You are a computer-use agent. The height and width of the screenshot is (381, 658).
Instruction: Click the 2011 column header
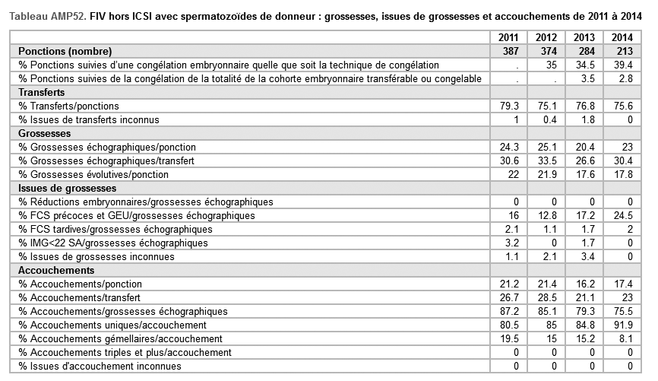coord(508,37)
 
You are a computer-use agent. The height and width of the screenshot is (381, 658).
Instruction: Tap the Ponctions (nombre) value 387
coord(508,51)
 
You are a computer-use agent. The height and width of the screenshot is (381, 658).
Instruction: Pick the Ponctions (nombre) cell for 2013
coord(584,51)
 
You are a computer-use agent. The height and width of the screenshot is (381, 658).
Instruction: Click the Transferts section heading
coord(42,92)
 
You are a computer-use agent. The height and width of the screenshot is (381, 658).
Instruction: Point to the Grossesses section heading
coord(44,133)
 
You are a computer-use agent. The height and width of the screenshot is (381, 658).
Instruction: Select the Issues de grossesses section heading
coord(68,188)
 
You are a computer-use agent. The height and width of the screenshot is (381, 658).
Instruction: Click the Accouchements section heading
coord(51,270)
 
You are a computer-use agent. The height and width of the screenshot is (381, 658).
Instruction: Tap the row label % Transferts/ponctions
coord(69,106)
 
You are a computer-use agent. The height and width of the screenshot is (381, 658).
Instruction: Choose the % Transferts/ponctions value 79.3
coord(508,106)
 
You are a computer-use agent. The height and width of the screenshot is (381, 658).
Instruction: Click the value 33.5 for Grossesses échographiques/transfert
coord(546,160)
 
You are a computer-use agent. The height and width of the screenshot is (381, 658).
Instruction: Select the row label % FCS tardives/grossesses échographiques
coord(115,229)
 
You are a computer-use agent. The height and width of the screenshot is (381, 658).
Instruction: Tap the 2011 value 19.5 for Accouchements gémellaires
coord(508,338)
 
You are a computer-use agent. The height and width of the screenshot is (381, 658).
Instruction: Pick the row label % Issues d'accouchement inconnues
coord(100,366)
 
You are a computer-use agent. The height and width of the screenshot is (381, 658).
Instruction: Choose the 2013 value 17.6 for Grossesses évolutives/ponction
coord(584,174)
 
